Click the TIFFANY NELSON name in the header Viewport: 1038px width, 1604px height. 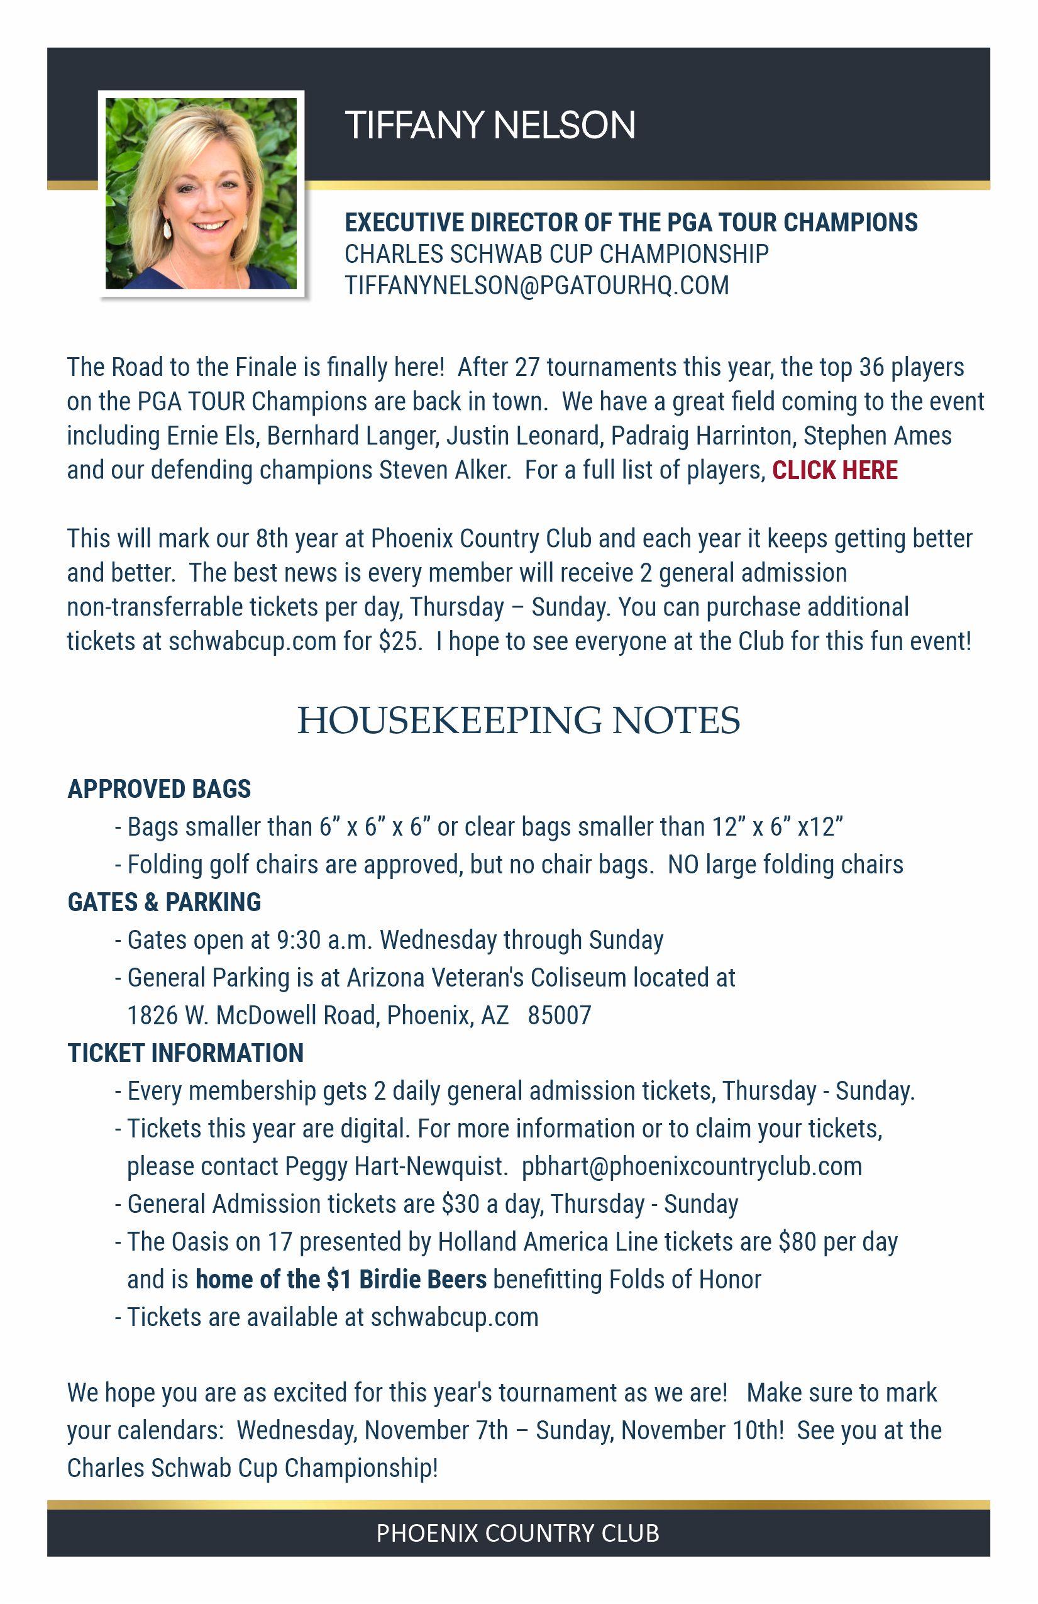[490, 125]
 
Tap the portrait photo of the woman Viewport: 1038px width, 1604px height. [201, 194]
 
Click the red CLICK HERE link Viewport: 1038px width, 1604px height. [834, 470]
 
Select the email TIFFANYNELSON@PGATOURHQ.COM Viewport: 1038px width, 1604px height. [536, 285]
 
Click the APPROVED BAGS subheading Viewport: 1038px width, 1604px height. [159, 789]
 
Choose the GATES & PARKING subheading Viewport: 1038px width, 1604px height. [165, 902]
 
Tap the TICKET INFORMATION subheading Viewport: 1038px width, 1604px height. [185, 1053]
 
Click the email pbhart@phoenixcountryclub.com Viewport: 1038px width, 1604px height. [692, 1166]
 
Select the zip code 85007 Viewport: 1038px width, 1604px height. [560, 1015]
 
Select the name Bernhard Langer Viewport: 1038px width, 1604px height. [353, 436]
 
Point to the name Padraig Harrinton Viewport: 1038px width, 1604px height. [703, 436]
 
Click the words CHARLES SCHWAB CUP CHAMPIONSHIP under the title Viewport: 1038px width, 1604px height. [556, 254]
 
